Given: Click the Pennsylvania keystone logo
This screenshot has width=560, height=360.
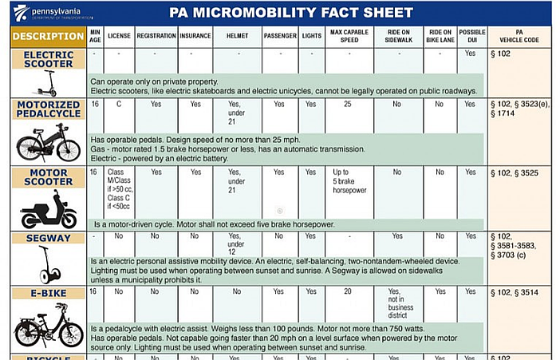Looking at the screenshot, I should coord(20,11).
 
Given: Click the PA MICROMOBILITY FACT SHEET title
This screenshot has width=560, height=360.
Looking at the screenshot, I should coord(291,12).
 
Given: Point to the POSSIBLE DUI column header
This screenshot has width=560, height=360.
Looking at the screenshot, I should coord(471,36).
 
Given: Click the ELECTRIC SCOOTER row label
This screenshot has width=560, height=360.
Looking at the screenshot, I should coord(48,58).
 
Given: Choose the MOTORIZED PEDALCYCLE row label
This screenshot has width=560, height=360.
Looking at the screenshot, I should coord(48,109).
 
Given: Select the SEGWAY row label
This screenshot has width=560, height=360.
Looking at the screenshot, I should coord(48,238).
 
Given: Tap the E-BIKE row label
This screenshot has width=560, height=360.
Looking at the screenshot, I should coord(48,293).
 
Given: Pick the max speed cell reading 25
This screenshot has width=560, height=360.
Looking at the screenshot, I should coord(347,105).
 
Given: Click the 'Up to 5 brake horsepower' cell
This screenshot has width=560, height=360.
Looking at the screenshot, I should coord(347,182).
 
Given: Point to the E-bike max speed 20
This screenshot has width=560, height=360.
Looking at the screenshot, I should coord(347,292).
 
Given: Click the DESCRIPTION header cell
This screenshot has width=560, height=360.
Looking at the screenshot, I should coord(48,37).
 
